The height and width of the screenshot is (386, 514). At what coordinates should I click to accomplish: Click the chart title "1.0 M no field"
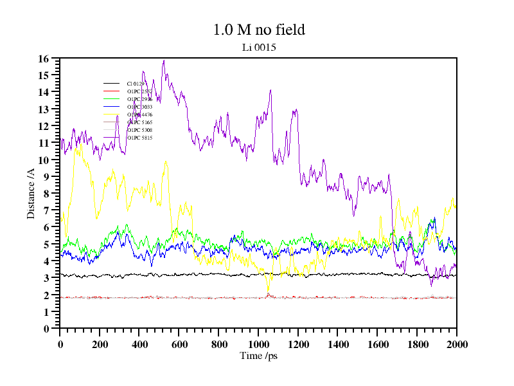[x=259, y=30]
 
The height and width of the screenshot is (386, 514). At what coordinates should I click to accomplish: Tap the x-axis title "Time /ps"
[x=258, y=355]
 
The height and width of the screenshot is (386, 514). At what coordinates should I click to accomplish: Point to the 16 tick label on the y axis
[x=44, y=59]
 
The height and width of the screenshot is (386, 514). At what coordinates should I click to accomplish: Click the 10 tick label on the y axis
[x=44, y=160]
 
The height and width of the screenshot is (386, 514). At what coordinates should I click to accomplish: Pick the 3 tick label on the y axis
[x=46, y=278]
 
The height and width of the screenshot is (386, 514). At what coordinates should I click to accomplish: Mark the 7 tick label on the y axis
[x=46, y=210]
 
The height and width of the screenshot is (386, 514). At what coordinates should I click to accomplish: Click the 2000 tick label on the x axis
[x=456, y=344]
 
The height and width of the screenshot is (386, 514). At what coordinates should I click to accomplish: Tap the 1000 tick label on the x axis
[x=258, y=344]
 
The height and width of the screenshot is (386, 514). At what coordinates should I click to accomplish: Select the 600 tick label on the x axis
[x=179, y=344]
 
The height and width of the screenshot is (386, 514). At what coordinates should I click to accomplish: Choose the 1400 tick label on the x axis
[x=337, y=344]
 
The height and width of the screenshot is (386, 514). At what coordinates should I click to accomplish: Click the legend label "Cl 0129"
[x=136, y=84]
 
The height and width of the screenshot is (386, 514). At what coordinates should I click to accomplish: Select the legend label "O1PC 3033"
[x=139, y=107]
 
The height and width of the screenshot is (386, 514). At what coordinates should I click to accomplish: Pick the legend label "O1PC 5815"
[x=139, y=138]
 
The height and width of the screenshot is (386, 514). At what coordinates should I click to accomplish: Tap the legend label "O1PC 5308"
[x=139, y=130]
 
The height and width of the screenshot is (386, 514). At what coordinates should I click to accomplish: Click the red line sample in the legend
[x=111, y=91]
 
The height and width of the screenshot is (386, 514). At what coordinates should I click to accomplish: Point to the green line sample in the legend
[x=111, y=99]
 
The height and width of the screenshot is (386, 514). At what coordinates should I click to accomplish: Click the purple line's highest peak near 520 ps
[x=164, y=60]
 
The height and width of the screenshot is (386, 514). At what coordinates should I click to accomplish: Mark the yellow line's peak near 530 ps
[x=166, y=161]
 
